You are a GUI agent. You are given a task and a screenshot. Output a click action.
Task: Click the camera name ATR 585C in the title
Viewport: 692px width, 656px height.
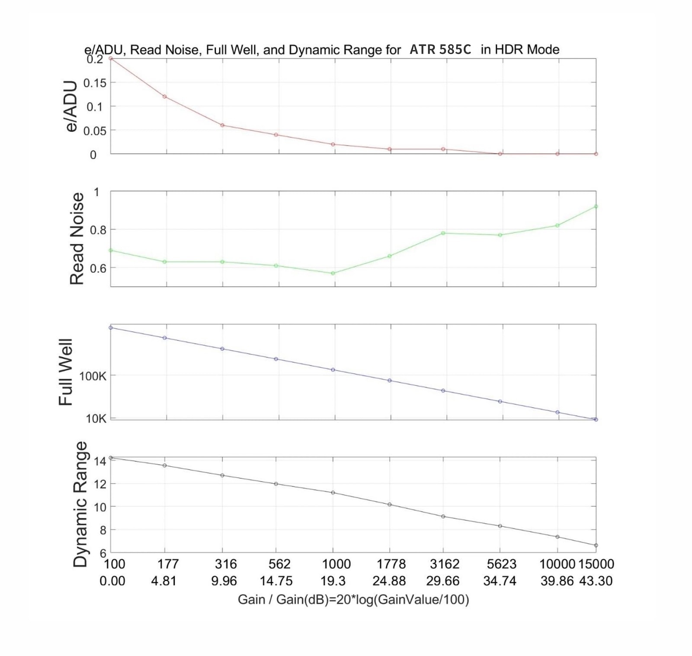point(440,50)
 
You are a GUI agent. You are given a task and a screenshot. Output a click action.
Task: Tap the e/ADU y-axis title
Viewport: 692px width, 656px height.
point(70,106)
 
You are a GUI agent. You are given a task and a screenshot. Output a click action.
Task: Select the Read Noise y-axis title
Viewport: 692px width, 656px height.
point(77,239)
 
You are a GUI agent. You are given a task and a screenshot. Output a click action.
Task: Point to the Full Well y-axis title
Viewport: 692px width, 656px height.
point(65,372)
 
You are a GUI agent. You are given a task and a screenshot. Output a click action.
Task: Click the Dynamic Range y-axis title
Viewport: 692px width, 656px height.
point(80,504)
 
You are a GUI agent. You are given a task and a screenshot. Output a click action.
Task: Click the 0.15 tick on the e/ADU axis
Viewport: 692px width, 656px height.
point(95,83)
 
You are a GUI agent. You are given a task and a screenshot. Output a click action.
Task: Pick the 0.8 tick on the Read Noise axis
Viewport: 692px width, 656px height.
point(98,230)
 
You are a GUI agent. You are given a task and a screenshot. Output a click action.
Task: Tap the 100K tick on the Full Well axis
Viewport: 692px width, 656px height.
point(93,376)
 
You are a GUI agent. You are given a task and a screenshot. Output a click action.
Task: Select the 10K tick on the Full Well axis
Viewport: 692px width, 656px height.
point(96,419)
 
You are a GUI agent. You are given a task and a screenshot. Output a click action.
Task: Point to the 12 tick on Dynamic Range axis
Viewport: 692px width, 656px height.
point(100,484)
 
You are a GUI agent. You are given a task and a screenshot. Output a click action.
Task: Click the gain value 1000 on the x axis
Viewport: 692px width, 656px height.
point(336,564)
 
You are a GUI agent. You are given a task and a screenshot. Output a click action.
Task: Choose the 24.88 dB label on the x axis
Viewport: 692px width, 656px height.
point(389,581)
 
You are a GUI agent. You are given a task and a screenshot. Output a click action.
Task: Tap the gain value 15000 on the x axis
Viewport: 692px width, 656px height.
point(596,564)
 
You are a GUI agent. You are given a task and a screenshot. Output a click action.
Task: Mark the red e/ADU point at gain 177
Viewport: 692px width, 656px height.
point(164,96)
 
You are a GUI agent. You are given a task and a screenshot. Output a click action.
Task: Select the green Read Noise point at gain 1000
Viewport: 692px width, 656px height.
point(333,273)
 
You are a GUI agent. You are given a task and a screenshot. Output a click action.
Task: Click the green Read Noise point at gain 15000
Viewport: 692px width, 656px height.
point(596,206)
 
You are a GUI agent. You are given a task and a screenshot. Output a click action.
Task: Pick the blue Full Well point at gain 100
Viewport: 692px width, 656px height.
point(111,328)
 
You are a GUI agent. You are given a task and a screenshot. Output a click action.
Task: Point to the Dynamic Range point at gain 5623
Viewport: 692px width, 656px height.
point(500,526)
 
